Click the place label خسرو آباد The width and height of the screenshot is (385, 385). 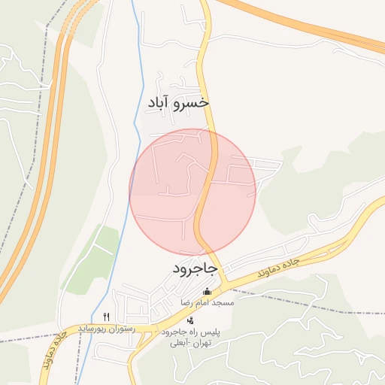[177, 102]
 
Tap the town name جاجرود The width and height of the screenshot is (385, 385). [194, 268]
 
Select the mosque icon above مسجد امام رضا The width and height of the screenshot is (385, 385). [208, 292]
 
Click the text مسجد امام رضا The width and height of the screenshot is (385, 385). [207, 302]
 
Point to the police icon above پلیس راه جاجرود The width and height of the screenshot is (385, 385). [189, 320]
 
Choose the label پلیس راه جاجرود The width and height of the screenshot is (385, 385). [188, 332]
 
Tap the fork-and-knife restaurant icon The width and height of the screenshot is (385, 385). [107, 317]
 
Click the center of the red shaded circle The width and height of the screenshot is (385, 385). [192, 192]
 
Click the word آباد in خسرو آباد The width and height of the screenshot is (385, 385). [161, 102]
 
